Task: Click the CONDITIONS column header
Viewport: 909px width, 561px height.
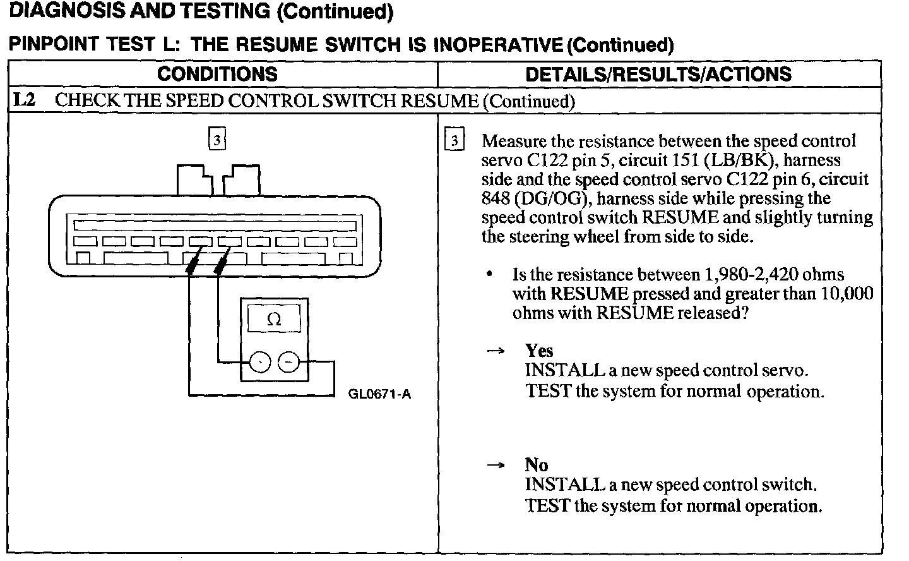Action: pos(217,74)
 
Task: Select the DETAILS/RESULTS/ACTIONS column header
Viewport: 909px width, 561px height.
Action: pos(658,74)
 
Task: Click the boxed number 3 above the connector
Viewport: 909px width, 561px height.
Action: pos(217,140)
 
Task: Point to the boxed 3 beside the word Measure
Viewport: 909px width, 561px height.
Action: pos(453,141)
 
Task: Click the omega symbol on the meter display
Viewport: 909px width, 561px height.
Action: pos(274,320)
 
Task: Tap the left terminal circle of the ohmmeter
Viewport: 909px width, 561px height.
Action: pos(259,363)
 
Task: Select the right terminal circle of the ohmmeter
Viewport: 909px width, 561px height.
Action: pos(288,363)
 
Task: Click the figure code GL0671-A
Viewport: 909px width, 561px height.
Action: pos(379,395)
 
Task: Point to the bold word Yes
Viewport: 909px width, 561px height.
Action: pos(538,351)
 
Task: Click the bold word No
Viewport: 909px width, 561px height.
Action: pos(536,465)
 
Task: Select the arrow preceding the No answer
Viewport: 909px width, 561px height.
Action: pos(496,466)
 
